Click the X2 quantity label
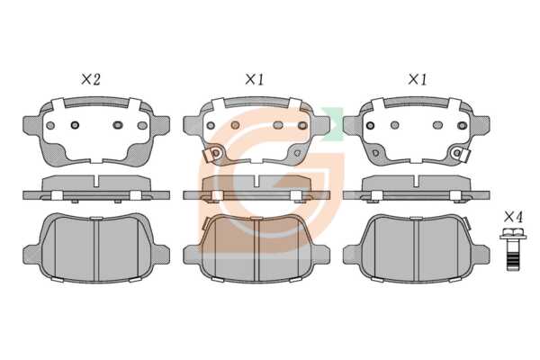click(x=91, y=79)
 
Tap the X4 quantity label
click(x=513, y=217)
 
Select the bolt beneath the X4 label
click(x=512, y=249)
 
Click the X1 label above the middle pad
click(x=254, y=79)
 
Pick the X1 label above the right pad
click(x=418, y=79)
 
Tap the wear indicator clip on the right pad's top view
click(x=461, y=153)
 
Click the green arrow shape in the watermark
click(x=333, y=124)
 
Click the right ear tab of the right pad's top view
click(x=481, y=124)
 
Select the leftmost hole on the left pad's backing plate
click(x=50, y=125)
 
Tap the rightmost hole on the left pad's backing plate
click(x=142, y=125)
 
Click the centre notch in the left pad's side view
click(x=96, y=181)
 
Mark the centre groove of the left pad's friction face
click(x=96, y=250)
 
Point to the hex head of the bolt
click(x=512, y=233)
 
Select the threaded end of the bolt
click(x=512, y=262)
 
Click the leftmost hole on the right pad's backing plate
click(x=371, y=125)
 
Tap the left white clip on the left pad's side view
click(x=57, y=195)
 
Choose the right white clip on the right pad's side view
click(x=456, y=195)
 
